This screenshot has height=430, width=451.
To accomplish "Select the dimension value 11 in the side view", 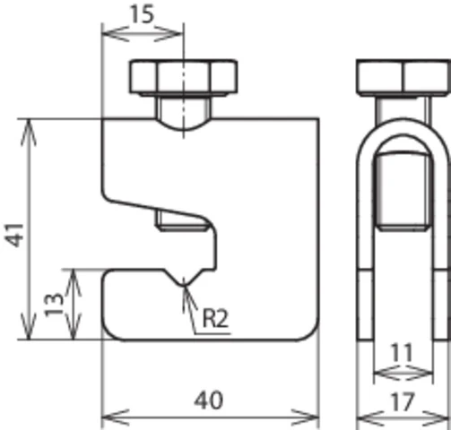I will (x=402, y=352).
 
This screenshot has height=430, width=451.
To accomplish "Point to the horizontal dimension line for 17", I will (x=402, y=418).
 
